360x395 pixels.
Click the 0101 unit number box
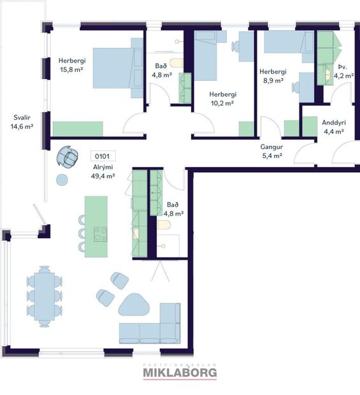tap(102, 155)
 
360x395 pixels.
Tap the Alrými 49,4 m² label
tap(102, 171)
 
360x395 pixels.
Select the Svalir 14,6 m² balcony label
tap(21, 122)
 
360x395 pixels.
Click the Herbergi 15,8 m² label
tap(71, 65)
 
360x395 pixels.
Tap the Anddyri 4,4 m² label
tap(333, 127)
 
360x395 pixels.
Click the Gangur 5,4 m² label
tap(271, 150)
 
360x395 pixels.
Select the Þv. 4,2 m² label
tap(339, 70)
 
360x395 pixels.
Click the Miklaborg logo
tap(180, 371)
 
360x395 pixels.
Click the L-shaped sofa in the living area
tap(153, 327)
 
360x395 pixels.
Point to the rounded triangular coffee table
tap(134, 305)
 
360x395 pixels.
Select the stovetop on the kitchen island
tap(101, 234)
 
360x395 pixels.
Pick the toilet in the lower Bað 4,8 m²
tap(164, 225)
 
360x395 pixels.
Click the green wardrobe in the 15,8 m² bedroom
tap(77, 129)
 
